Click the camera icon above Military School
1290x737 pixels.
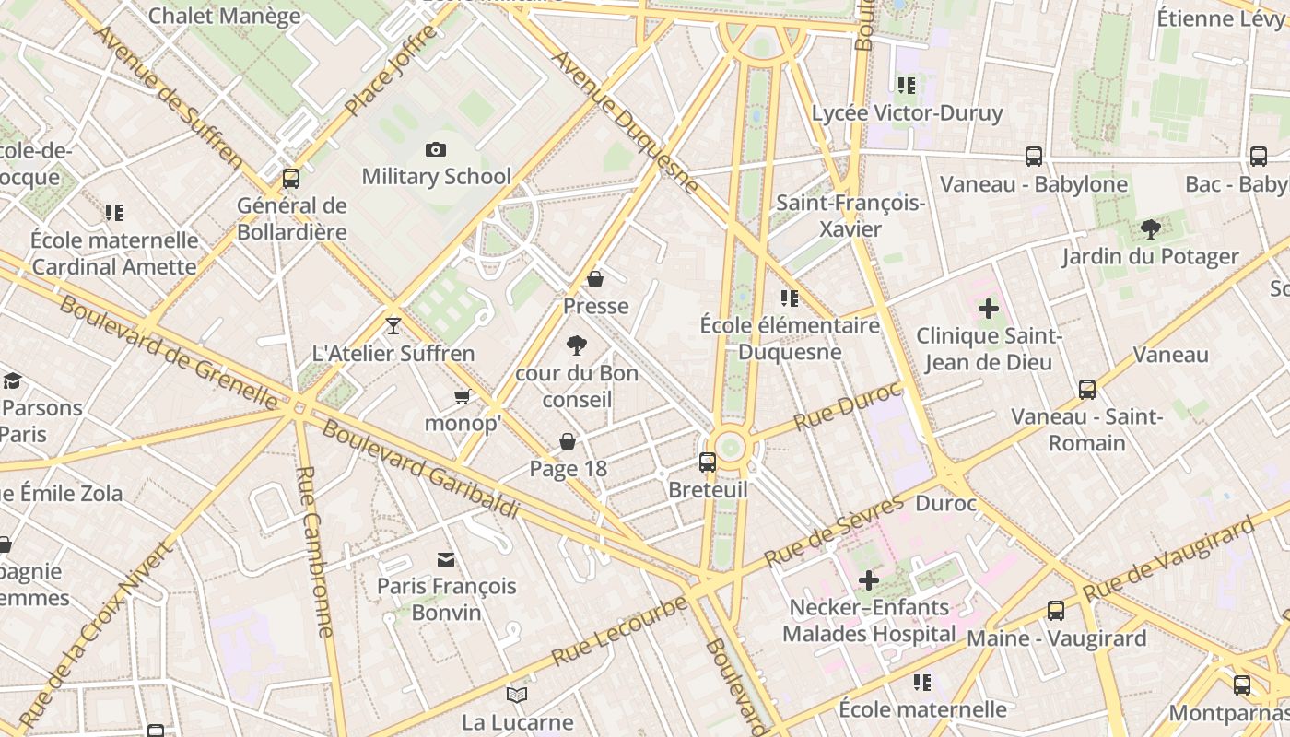pos(436,149)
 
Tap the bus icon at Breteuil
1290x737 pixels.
pos(708,462)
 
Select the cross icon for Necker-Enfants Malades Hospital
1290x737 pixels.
pos(868,580)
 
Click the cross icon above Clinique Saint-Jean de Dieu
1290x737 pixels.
pos(989,309)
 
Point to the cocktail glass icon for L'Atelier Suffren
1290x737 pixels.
pos(393,326)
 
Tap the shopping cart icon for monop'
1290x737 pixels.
pos(462,396)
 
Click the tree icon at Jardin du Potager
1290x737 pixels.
pos(1150,229)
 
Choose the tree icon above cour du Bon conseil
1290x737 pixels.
pos(577,346)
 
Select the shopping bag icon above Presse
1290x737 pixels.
pos(595,279)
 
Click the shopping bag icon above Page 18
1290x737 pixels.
pos(568,442)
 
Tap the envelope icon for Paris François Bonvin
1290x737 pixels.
pos(447,559)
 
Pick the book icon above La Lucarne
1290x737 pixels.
pos(517,695)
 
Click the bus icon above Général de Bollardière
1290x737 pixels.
pos(291,179)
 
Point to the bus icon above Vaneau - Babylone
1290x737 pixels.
pos(1034,157)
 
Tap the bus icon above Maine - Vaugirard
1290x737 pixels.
pos(1056,611)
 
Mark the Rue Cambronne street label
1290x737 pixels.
pos(314,551)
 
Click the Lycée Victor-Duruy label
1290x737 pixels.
pos(907,113)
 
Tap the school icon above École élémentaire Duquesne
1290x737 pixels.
pos(789,298)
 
